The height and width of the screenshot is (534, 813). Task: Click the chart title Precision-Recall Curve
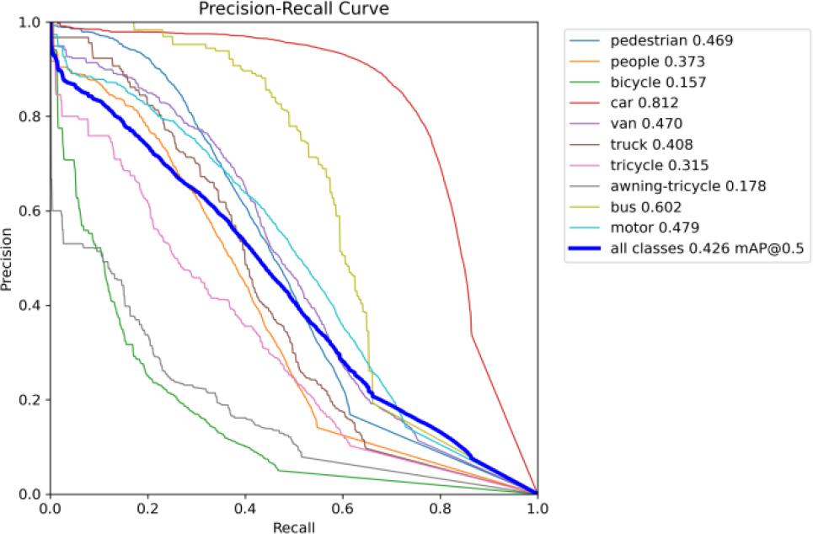pos(293,8)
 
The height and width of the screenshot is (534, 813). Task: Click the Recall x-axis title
pos(293,526)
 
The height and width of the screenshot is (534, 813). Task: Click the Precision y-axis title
pos(8,259)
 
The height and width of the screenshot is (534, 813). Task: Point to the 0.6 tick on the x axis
pos(342,510)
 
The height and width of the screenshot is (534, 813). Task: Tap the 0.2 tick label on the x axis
pos(147,510)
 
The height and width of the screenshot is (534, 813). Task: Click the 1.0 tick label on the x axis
pos(537,510)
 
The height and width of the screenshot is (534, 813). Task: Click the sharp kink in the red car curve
pos(472,334)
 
